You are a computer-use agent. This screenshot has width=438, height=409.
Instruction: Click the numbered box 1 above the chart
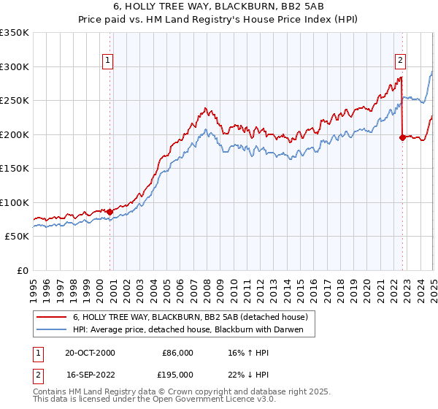click(x=107, y=61)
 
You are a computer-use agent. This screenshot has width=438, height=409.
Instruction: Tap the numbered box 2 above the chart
click(x=401, y=61)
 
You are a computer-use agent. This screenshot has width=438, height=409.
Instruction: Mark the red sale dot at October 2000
click(x=110, y=212)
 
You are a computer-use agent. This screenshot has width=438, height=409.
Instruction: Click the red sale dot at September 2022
click(x=402, y=137)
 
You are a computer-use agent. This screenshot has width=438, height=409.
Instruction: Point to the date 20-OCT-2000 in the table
click(x=90, y=353)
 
